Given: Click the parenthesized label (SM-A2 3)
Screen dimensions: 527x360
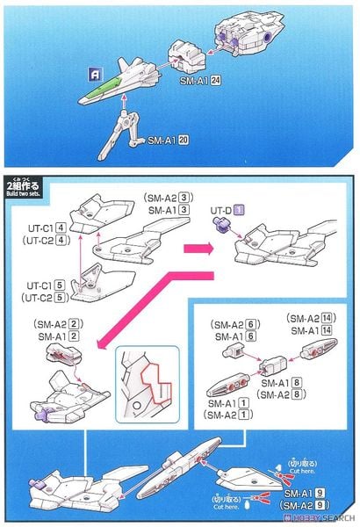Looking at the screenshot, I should (162, 199).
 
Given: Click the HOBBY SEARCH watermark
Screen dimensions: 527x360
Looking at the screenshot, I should (324, 516).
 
